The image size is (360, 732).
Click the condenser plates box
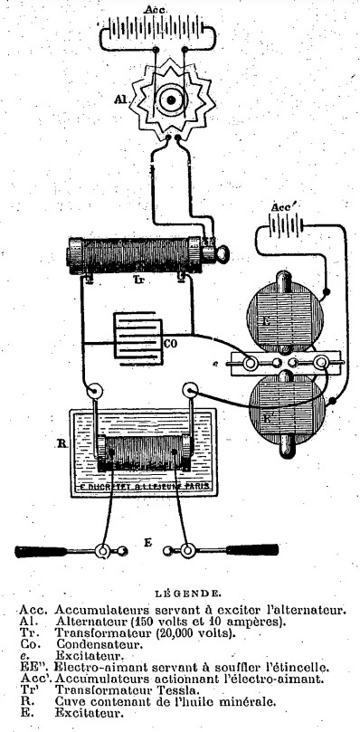point(137,339)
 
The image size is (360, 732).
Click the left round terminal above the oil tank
point(92,392)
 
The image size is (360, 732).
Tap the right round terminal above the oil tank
point(191,392)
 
